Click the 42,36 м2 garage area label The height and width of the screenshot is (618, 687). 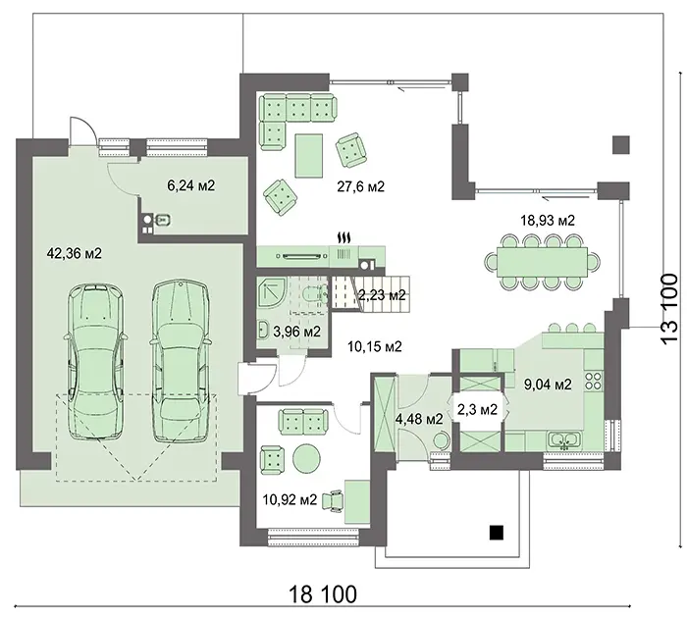[74, 253]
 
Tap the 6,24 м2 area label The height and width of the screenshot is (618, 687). [191, 185]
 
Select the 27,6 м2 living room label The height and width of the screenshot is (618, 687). [360, 186]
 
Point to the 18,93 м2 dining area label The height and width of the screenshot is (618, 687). [548, 220]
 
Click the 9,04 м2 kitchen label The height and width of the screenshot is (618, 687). [548, 385]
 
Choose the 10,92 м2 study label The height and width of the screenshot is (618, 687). [290, 499]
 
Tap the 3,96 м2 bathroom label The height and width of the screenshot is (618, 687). [296, 332]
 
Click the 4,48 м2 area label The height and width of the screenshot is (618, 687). [419, 419]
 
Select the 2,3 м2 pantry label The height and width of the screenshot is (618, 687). [477, 409]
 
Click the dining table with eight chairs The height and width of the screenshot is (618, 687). [542, 262]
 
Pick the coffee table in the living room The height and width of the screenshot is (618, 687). [309, 156]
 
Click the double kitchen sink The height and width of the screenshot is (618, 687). [565, 440]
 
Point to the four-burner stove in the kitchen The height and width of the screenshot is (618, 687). [594, 381]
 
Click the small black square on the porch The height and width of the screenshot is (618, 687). [497, 532]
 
